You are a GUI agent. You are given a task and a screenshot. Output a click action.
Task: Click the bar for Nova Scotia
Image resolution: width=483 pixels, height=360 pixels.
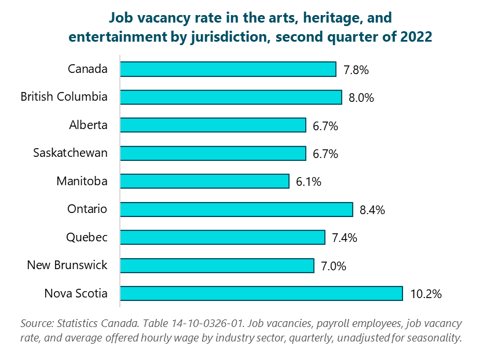tap(261, 293)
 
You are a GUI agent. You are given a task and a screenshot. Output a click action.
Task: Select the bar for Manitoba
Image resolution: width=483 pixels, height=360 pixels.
tap(204, 181)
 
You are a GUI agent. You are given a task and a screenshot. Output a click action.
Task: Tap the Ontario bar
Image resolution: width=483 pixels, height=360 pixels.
tap(236, 210)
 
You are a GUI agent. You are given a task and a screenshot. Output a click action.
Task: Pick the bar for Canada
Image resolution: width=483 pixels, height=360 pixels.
tap(228, 69)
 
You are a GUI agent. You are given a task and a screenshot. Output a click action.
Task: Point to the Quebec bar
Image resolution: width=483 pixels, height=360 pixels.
tap(222, 237)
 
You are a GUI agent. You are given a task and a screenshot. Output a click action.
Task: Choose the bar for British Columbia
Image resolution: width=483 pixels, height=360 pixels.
tap(231, 97)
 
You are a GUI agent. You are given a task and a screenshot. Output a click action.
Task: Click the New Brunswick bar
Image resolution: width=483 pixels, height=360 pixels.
tap(217, 266)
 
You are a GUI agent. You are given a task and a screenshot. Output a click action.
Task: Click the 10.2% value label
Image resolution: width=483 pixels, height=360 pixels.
tap(426, 294)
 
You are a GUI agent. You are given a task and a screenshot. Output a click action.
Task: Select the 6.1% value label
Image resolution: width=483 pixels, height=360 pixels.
tap(308, 182)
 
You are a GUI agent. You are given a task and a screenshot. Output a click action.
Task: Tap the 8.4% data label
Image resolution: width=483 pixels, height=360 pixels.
tap(372, 210)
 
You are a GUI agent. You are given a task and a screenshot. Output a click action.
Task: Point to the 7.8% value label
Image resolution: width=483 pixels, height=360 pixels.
tap(356, 70)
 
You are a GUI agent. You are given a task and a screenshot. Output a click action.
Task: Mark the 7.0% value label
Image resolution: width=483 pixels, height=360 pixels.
tap(333, 266)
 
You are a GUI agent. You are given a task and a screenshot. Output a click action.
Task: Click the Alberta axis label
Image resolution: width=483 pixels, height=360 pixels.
tap(87, 125)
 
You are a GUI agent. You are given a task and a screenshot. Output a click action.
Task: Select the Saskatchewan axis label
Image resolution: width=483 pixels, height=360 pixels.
tap(70, 153)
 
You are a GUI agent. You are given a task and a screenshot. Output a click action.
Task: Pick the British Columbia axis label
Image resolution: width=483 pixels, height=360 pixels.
tap(64, 97)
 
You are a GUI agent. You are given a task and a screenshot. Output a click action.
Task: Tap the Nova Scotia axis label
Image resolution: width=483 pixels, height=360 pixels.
tap(76, 293)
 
